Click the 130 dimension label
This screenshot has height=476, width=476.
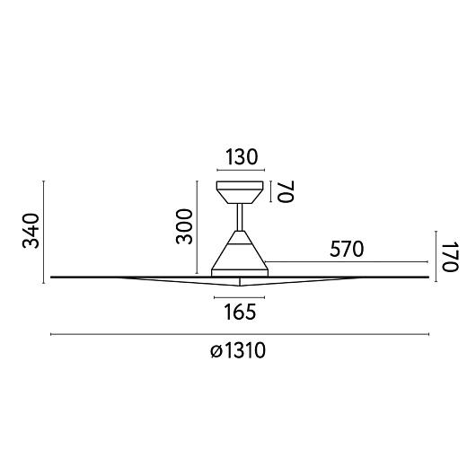tap(241, 157)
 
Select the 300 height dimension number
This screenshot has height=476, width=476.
tap(184, 226)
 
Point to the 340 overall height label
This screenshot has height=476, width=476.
tap(31, 231)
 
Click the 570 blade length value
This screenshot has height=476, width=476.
tap(347, 249)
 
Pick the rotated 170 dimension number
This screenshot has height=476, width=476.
tap(450, 257)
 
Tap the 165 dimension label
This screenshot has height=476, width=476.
tap(240, 312)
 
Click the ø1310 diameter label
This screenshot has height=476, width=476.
tap(238, 350)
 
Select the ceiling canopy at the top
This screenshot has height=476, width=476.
tap(240, 192)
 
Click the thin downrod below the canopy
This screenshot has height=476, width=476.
tap(240, 217)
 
